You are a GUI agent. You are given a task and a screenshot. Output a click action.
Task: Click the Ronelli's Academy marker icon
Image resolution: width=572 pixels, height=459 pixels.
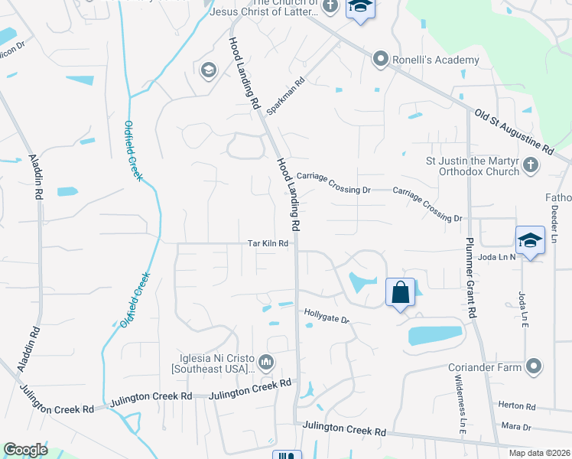point(380,59)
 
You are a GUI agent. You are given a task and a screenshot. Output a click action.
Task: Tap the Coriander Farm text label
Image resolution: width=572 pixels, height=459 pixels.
point(490,366)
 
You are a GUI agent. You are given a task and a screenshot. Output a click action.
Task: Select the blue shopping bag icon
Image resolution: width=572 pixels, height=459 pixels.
point(400,292)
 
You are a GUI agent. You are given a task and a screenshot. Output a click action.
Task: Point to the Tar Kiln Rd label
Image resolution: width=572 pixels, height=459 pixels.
point(268,244)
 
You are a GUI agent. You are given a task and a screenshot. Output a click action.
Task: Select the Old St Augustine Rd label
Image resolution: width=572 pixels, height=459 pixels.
point(512,132)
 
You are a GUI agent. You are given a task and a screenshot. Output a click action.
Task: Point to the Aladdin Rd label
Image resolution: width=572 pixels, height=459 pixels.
point(35,176)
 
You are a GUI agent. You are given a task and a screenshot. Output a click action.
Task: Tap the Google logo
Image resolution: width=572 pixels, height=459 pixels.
point(26,450)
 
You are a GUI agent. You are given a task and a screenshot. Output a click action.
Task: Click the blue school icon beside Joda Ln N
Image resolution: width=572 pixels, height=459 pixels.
point(529,240)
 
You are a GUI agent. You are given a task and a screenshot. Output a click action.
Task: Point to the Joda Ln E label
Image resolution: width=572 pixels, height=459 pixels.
point(523,305)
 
